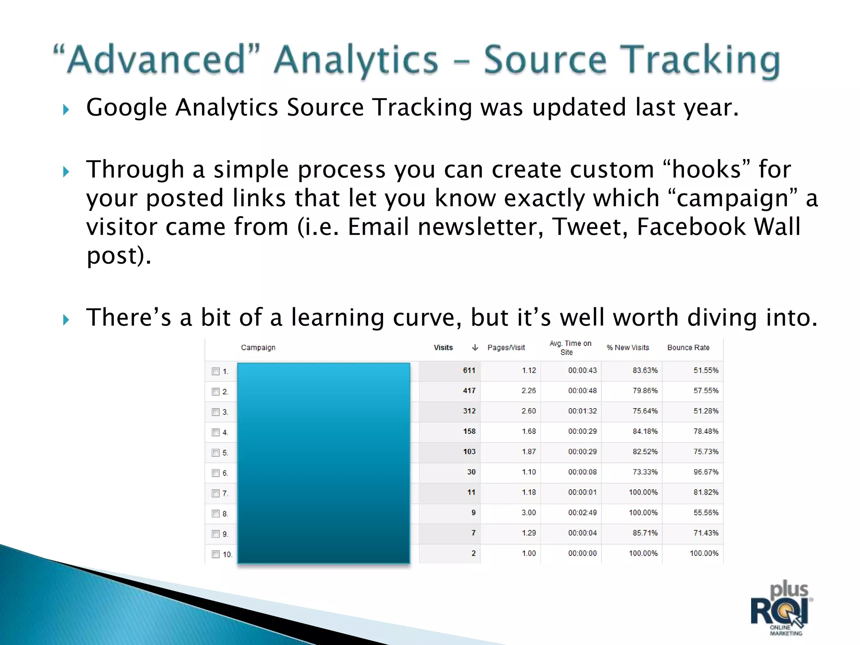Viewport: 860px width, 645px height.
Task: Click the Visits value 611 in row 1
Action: point(469,370)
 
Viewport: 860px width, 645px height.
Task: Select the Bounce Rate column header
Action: point(688,348)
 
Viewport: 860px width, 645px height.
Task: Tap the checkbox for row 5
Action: point(216,453)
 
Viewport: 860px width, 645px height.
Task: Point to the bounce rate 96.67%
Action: point(705,472)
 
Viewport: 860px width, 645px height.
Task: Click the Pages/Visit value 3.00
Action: point(529,513)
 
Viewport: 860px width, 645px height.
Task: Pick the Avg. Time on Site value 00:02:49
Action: point(582,513)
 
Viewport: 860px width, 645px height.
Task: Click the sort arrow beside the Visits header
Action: point(475,348)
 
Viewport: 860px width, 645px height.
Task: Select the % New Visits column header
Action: point(628,348)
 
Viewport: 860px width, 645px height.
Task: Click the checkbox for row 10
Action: point(216,554)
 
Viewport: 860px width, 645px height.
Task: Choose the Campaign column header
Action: point(258,348)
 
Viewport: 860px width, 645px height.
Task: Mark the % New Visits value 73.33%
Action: point(645,472)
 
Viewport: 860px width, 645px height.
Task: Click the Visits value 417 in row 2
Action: point(469,391)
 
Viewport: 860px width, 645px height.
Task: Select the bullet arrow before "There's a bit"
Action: point(66,320)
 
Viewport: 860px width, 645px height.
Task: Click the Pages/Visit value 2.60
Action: point(529,411)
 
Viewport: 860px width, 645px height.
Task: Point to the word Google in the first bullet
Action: point(126,107)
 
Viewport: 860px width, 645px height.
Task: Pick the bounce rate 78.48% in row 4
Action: point(705,431)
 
